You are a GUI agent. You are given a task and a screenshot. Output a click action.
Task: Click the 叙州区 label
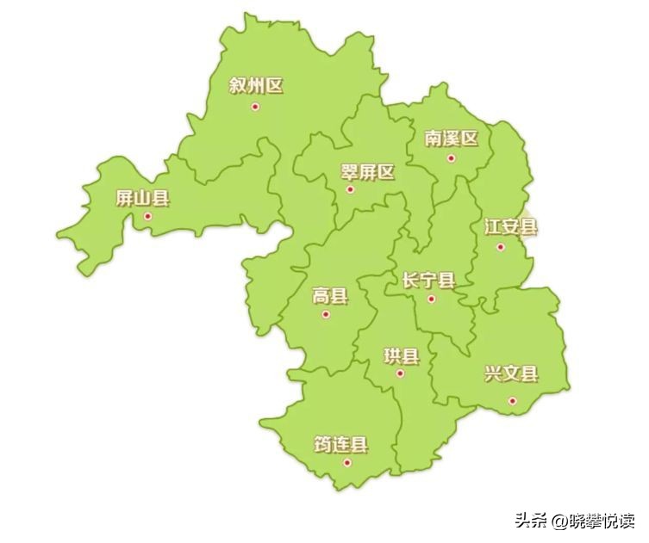click(256, 85)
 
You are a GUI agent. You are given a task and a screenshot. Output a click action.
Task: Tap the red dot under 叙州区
click(255, 107)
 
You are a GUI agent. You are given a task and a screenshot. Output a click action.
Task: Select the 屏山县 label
click(143, 199)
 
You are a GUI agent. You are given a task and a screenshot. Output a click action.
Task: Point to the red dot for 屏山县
click(148, 216)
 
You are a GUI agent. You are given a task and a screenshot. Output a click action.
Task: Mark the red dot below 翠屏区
click(350, 189)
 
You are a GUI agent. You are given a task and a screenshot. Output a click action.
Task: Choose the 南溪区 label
click(451, 138)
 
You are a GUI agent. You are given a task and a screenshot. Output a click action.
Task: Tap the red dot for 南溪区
click(451, 157)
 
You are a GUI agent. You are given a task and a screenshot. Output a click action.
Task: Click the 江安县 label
click(510, 227)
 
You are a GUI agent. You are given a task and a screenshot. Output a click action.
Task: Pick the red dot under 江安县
click(500, 247)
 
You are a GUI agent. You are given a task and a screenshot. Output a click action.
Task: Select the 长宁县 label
click(428, 280)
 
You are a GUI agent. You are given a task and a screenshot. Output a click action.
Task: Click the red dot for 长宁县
click(432, 299)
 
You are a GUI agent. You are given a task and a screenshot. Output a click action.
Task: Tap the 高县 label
click(330, 297)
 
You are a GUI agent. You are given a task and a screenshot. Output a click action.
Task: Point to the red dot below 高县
click(326, 315)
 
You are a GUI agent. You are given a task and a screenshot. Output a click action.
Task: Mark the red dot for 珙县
click(400, 373)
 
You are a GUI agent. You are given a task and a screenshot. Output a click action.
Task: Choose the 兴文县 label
click(511, 373)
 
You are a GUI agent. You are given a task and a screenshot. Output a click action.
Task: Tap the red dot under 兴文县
click(512, 400)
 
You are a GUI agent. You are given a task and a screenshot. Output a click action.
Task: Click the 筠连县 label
click(341, 444)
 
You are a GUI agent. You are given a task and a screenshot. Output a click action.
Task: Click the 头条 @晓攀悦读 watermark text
click(574, 520)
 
